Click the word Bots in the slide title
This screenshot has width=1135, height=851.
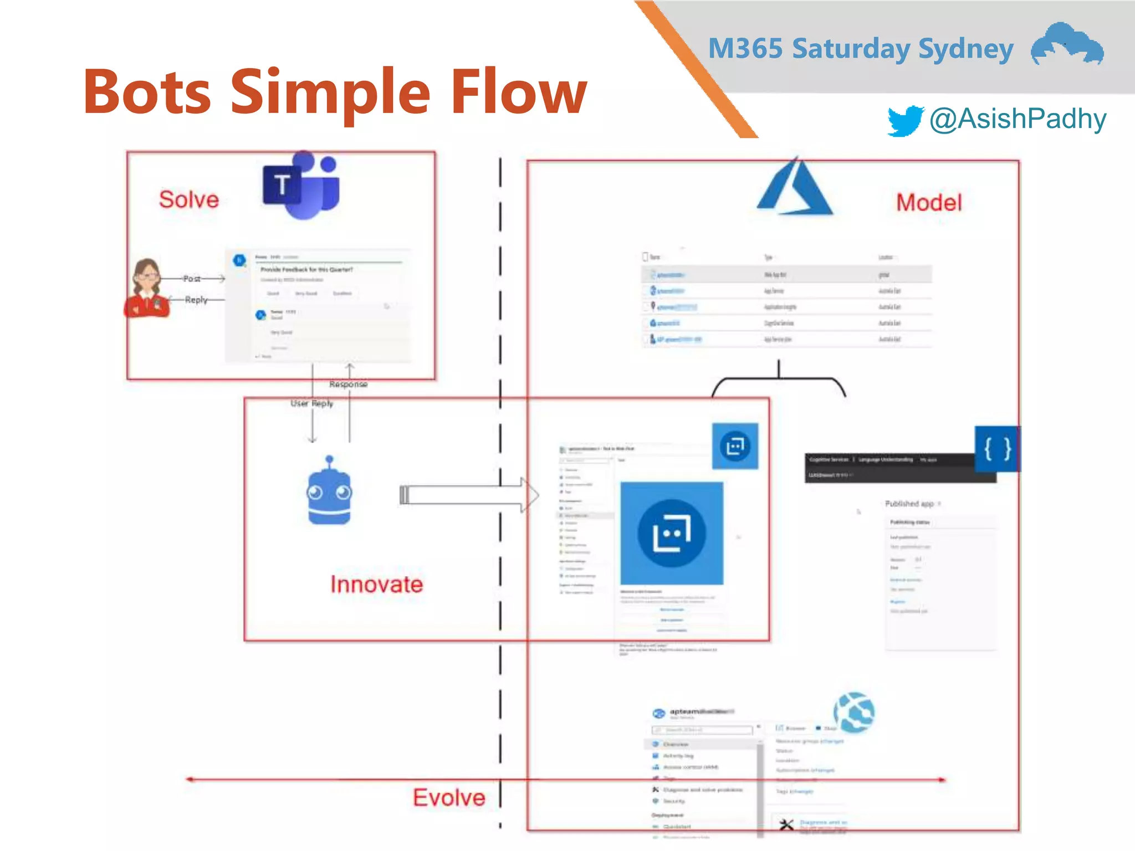click(x=147, y=92)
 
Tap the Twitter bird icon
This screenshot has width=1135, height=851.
click(x=904, y=120)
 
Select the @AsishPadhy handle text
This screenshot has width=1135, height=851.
click(x=1018, y=119)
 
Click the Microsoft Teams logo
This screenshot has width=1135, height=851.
click(x=301, y=185)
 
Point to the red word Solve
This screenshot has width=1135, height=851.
click(x=189, y=199)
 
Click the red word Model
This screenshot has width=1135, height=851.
click(x=929, y=202)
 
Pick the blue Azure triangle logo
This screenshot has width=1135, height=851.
click(x=795, y=188)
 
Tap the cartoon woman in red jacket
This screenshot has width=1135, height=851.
click(x=147, y=289)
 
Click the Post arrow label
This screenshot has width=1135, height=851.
click(x=192, y=279)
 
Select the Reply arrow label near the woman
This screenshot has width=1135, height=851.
click(x=196, y=300)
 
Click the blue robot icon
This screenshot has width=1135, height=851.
click(x=329, y=491)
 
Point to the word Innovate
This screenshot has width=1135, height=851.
click(x=377, y=585)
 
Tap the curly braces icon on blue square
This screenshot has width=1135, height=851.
click(x=996, y=449)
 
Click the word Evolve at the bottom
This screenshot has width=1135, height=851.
click(x=449, y=797)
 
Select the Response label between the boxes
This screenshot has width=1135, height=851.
click(x=348, y=384)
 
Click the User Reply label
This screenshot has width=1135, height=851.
click(x=312, y=403)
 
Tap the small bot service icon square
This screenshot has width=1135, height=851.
click(x=735, y=446)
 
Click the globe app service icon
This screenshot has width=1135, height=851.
click(x=854, y=712)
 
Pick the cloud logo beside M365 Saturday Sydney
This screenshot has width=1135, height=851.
click(x=1067, y=44)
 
